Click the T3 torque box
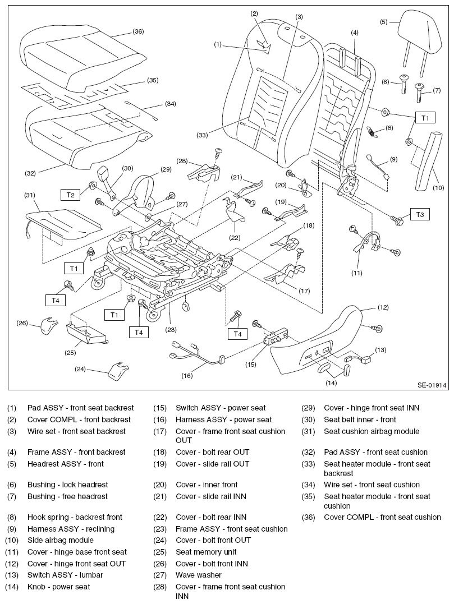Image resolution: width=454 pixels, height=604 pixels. point(420,215)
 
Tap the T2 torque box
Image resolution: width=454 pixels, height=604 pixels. point(70,195)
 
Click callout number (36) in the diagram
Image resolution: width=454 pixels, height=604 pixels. point(138,32)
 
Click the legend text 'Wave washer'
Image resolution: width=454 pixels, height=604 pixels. point(199,575)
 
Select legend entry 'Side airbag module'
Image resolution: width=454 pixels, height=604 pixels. point(61,541)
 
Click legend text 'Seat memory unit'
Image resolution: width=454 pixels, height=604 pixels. point(206,552)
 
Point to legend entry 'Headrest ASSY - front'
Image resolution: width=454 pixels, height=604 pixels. point(66,464)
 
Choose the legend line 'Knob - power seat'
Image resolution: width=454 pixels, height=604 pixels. point(58,587)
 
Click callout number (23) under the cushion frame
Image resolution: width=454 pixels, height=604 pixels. point(171,330)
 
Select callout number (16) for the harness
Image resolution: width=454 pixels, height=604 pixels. point(186,376)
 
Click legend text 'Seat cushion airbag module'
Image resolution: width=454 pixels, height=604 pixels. point(372,431)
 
